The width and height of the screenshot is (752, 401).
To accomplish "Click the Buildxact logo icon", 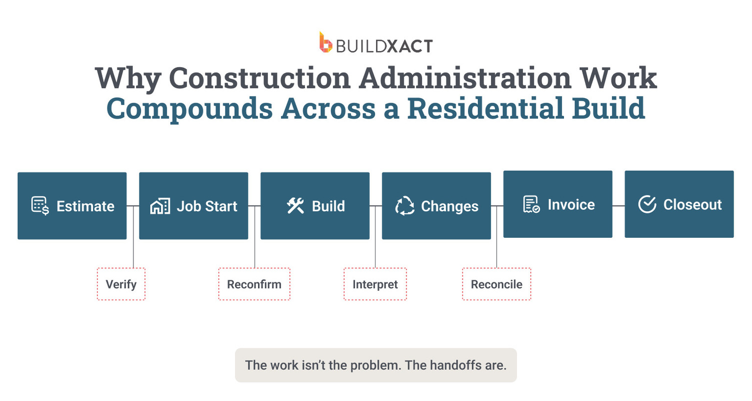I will point(326,42).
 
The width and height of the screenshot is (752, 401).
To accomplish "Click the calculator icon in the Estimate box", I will point(40,206).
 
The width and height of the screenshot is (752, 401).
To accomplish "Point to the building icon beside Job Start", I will point(160,206).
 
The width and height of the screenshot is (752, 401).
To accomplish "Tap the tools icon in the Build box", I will point(295,206).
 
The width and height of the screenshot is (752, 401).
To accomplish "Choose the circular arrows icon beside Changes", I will point(404,206).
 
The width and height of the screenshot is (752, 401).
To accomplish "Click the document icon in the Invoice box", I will point(531,204).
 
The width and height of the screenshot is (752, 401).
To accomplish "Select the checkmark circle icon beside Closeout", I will point(647,204).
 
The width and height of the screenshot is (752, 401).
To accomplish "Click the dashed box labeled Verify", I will point(121,284).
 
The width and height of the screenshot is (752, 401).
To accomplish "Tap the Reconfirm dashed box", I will point(254,284).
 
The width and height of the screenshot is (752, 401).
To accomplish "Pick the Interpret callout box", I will point(375,284).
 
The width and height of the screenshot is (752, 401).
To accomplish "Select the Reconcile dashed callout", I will point(496,284).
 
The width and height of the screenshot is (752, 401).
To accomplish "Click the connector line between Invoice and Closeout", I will point(618,206).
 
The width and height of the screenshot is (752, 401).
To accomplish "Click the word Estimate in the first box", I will point(85,206).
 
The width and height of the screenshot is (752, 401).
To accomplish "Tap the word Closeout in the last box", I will point(692,205).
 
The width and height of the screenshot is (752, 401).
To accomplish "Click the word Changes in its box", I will point(449,206).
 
